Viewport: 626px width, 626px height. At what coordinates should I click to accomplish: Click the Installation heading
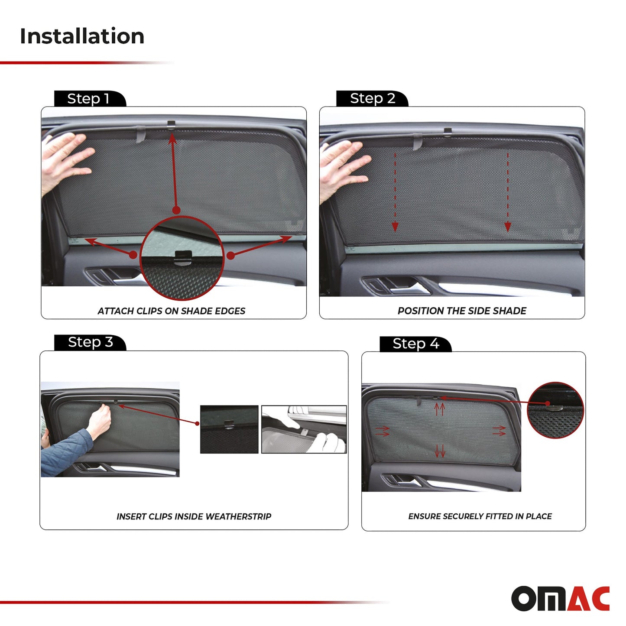point(82,36)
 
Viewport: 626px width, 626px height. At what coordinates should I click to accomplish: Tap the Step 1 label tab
point(89,99)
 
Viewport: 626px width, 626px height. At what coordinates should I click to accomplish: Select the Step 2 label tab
point(372,98)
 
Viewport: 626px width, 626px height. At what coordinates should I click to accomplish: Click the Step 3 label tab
point(90,342)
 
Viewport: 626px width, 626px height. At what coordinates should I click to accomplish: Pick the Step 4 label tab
point(415,344)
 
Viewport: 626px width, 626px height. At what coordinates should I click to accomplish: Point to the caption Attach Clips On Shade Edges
point(171,311)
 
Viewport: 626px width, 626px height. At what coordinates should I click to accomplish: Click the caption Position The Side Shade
point(462,311)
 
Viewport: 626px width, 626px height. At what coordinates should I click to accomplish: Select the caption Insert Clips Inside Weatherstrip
point(194,516)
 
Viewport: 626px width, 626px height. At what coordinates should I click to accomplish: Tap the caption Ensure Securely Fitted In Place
point(480,516)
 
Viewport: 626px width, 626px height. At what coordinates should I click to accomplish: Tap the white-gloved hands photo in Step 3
point(304,429)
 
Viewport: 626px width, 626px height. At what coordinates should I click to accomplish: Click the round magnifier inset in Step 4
point(555,410)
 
